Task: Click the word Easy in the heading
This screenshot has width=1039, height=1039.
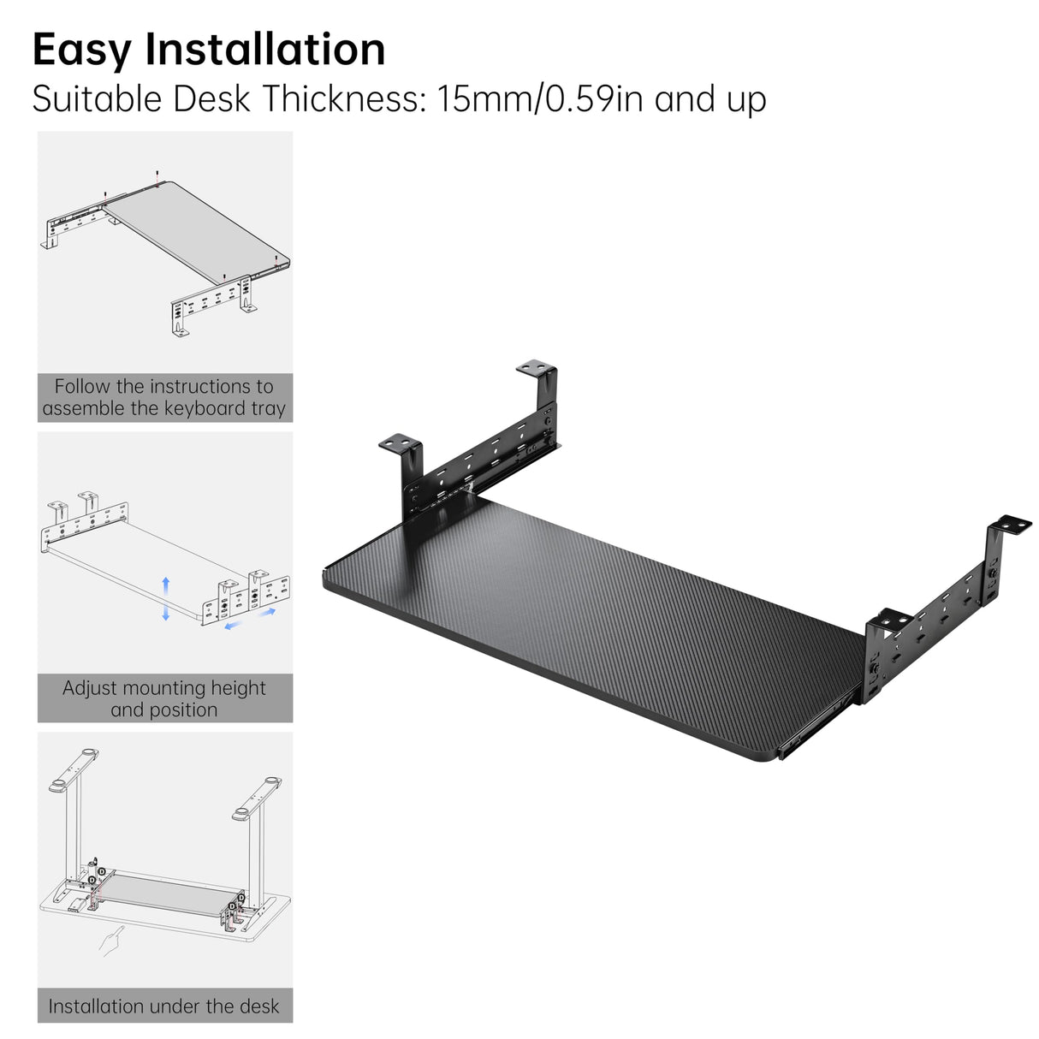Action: click(81, 50)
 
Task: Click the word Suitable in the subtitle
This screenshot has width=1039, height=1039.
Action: click(97, 98)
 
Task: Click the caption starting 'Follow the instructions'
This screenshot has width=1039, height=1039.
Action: click(164, 397)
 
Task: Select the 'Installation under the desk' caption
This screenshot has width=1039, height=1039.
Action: click(164, 1006)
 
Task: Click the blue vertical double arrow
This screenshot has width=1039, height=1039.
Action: click(165, 598)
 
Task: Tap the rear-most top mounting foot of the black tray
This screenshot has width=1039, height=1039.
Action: click(536, 368)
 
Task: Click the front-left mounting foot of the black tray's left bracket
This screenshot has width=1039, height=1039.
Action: click(400, 442)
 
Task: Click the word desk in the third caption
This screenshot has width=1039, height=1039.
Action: click(260, 1006)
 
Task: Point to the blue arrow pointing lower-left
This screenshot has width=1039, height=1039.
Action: click(234, 626)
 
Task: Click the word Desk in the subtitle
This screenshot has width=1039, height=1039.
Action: click(212, 98)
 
